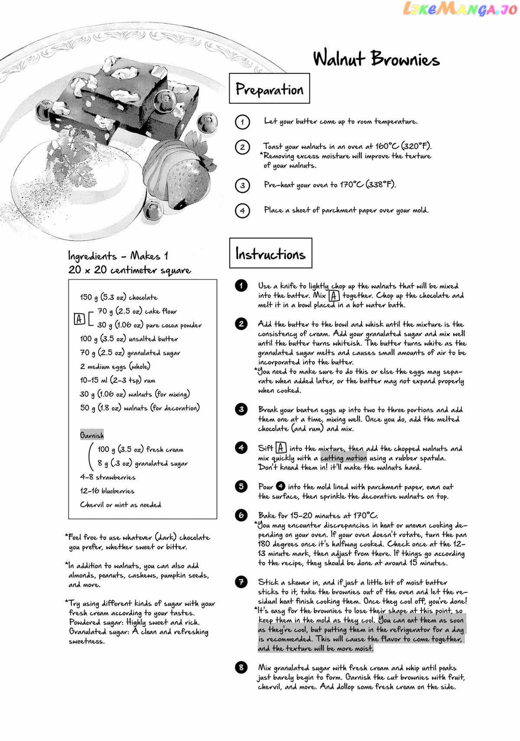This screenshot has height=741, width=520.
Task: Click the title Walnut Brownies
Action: tap(376, 59)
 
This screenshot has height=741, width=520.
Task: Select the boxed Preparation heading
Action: tap(269, 89)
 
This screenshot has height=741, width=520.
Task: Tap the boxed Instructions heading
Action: tap(270, 253)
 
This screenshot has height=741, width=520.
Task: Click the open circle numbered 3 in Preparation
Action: tap(242, 186)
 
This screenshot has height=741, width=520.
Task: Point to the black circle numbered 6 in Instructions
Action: tap(241, 515)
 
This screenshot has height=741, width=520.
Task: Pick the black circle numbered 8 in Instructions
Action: tap(241, 667)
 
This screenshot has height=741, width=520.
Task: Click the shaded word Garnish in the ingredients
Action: tap(92, 435)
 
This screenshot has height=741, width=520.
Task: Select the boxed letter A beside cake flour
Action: tap(79, 319)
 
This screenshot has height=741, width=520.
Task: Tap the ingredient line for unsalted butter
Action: tap(129, 339)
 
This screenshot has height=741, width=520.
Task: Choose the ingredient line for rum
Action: tap(117, 380)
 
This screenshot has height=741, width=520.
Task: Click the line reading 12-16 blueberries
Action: tap(107, 491)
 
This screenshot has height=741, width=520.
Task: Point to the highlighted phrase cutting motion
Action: tap(344, 458)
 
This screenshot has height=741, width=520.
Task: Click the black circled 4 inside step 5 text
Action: tap(281, 486)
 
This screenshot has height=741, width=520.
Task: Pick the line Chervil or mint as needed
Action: tap(120, 505)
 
